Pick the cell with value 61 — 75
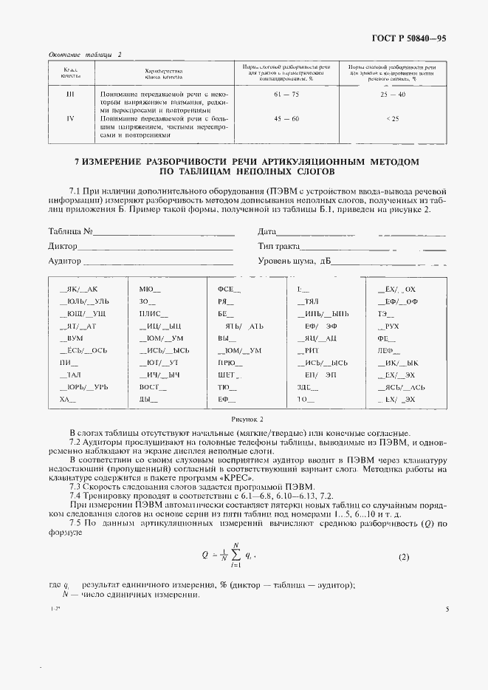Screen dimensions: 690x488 (285, 95)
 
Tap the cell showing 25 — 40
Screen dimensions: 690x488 (393, 95)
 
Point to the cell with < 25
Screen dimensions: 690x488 (393, 118)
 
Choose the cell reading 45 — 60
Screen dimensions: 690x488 (285, 118)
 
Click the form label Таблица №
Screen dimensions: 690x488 (70, 232)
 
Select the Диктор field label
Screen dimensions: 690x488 (63, 246)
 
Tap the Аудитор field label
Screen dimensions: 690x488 (64, 261)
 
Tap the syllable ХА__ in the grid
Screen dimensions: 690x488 (68, 399)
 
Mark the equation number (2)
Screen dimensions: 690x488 (403, 557)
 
